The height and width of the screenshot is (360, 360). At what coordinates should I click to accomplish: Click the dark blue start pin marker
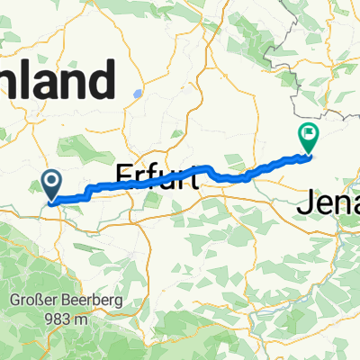point(50,186)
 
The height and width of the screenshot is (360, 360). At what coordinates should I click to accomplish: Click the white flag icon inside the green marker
point(309,134)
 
